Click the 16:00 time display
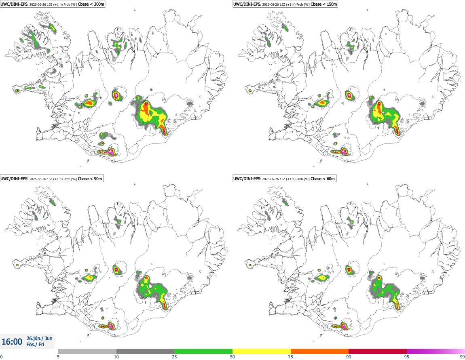point(12,342)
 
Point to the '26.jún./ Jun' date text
point(40,338)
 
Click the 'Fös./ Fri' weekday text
point(35,345)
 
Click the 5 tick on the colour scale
point(58,357)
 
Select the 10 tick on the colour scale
point(116,357)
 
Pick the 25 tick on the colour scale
point(174,357)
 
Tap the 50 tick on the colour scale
point(232,357)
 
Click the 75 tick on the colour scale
point(291,357)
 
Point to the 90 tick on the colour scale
point(349,357)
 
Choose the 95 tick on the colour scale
point(407,357)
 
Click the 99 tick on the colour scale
point(462,357)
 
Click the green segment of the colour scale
point(203,351)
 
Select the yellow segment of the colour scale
point(262,351)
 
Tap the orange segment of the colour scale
point(320,351)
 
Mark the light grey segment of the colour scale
point(87,351)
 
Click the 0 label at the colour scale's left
point(2,357)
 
